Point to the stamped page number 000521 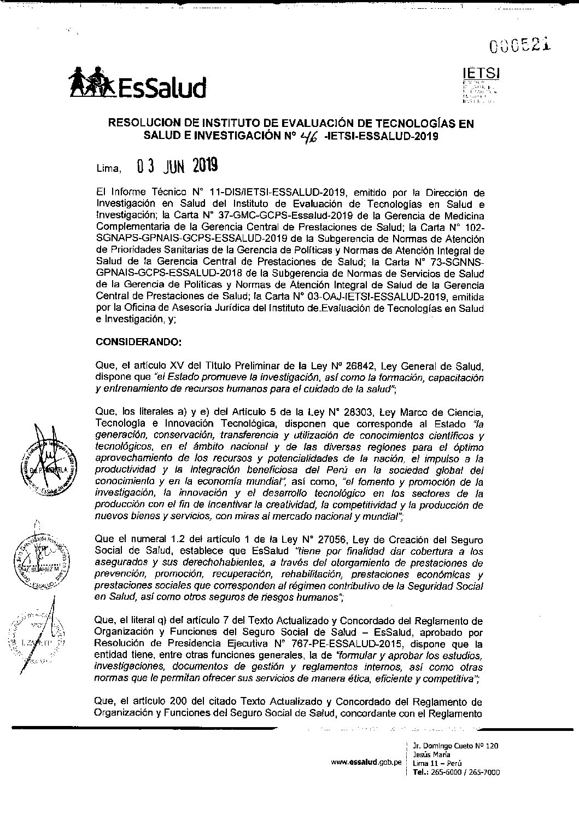pyautogui.click(x=520, y=47)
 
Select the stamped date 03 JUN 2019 pyautogui.click(x=178, y=165)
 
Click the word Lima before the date pyautogui.click(x=108, y=168)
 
